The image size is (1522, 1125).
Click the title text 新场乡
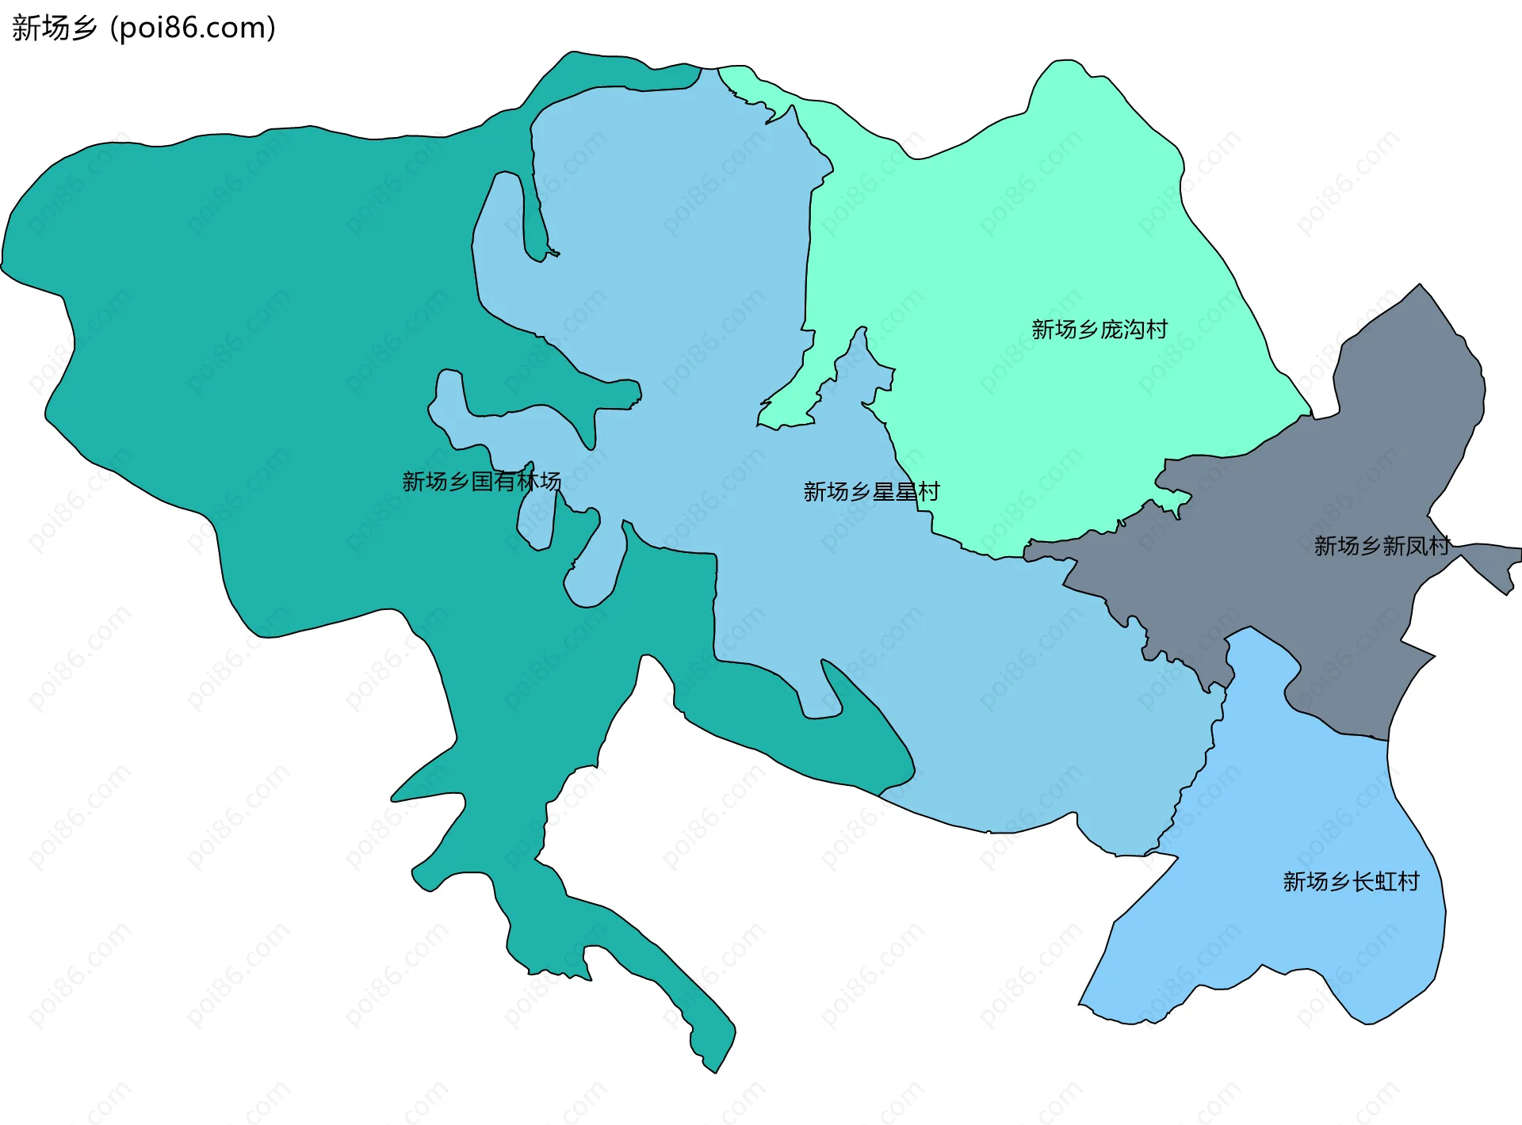[x=54, y=28]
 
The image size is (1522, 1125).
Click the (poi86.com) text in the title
[x=193, y=28]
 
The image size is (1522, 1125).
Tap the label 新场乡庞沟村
[x=1099, y=329]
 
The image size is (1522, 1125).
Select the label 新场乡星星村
[x=871, y=492]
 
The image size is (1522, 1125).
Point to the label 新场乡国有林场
[x=481, y=481]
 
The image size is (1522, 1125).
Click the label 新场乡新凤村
[x=1381, y=545]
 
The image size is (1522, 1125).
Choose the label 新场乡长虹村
[x=1351, y=881]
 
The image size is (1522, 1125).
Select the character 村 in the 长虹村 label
[x=1409, y=881]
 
